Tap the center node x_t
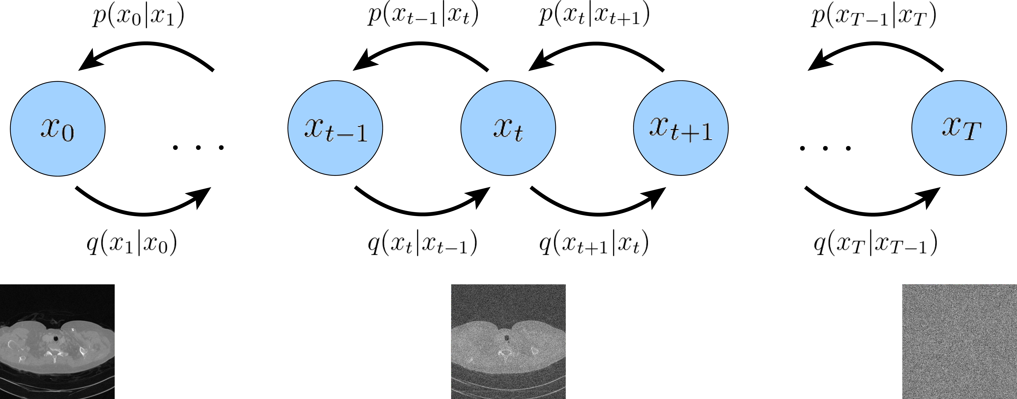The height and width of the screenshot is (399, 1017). (508, 128)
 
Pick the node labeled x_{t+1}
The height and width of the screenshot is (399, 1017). (681, 128)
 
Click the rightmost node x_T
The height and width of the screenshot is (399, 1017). (959, 128)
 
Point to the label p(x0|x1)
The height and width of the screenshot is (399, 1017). (138, 17)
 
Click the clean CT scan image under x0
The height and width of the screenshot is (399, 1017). (57, 341)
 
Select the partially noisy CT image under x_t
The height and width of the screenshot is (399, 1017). (508, 341)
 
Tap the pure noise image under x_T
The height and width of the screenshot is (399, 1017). (959, 341)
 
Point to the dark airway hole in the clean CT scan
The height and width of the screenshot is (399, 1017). (56, 338)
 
